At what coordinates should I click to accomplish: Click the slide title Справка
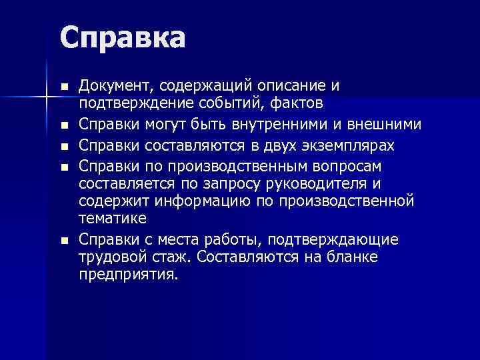pyautogui.click(x=122, y=39)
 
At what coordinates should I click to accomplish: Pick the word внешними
pyautogui.click(x=387, y=125)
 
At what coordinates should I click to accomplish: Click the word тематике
pyautogui.click(x=112, y=219)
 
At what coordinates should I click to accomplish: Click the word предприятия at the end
pyautogui.click(x=128, y=275)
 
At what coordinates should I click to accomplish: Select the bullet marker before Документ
pyautogui.click(x=63, y=87)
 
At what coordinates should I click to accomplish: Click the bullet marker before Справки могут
pyautogui.click(x=63, y=125)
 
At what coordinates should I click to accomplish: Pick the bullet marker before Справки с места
pyautogui.click(x=63, y=239)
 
